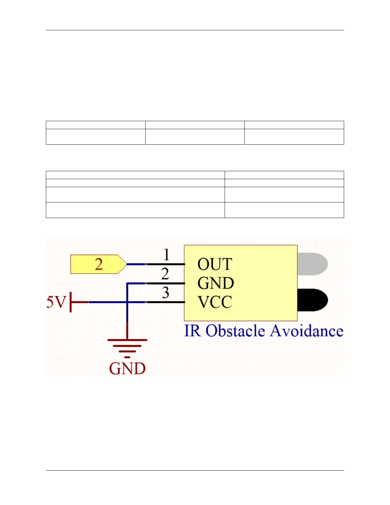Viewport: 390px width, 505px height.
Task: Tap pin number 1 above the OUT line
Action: [x=166, y=255]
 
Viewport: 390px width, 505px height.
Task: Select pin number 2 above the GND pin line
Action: [x=165, y=274]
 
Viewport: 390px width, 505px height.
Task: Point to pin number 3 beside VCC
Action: [x=165, y=293]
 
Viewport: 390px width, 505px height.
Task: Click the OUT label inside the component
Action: [x=215, y=264]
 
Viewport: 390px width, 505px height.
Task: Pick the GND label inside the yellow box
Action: [x=216, y=283]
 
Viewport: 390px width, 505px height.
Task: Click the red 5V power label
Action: [x=56, y=302]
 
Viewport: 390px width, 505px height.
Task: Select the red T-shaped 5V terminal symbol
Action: [x=76, y=302]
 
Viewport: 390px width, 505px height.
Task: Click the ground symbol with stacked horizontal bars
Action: [x=127, y=346]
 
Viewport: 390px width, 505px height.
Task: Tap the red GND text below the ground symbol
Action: [x=127, y=369]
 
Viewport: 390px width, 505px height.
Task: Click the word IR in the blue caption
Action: [x=192, y=331]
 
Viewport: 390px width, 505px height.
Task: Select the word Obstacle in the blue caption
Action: [x=235, y=331]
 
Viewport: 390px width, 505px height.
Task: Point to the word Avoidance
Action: [x=307, y=331]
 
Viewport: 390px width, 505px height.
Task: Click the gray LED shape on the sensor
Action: [x=313, y=264]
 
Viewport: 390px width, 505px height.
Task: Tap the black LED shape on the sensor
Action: [x=313, y=300]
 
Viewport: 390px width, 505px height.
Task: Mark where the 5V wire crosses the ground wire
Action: [x=127, y=302]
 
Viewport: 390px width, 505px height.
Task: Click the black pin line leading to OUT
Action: [x=165, y=264]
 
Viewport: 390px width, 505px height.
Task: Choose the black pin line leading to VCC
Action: [x=165, y=302]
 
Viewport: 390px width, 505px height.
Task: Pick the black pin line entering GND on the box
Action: [x=165, y=283]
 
